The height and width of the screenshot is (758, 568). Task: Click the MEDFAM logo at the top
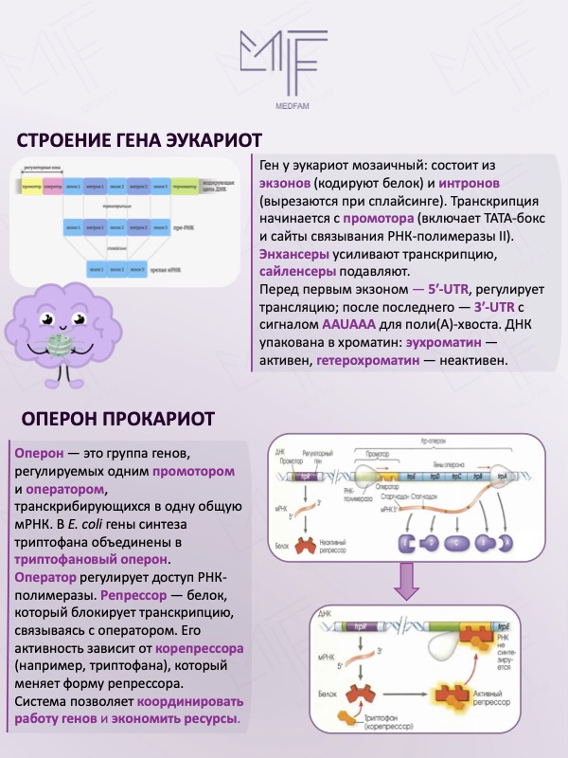coord(283,63)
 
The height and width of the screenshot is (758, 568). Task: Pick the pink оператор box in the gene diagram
coord(52,184)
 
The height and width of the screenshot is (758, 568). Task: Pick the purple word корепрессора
coord(194,650)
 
